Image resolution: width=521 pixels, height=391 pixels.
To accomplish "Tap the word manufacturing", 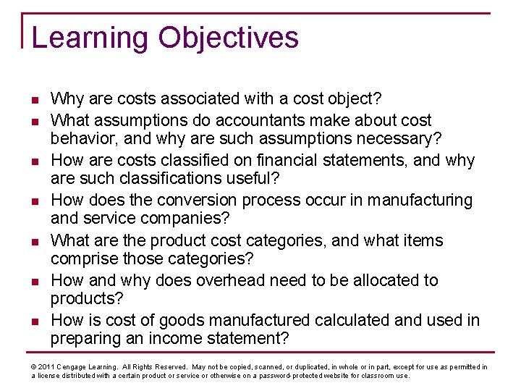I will click(425, 200).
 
